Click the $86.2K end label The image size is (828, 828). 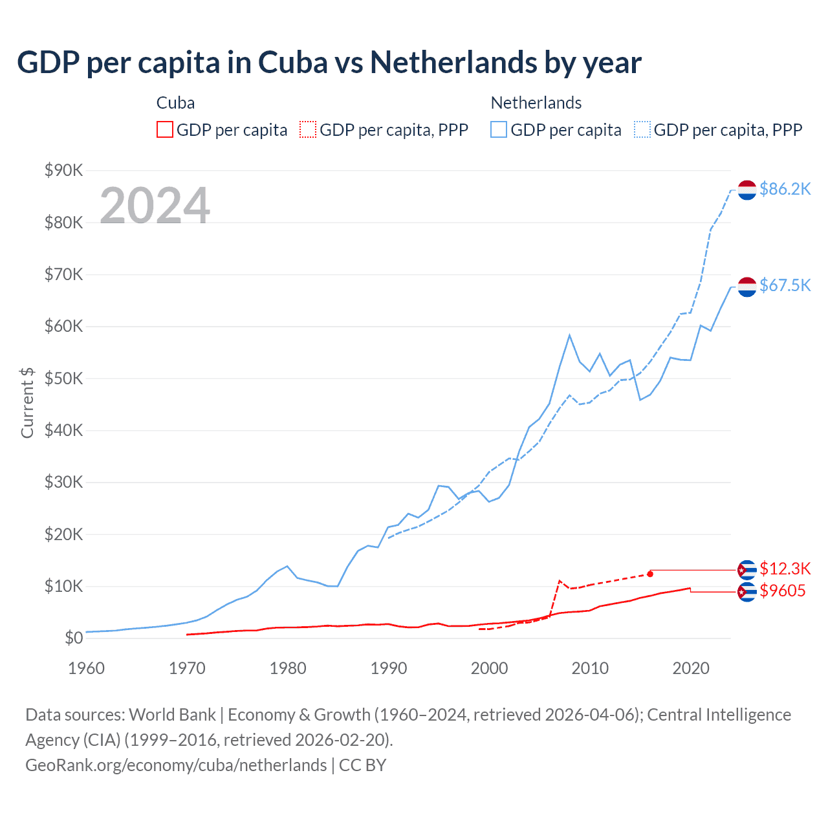(x=785, y=189)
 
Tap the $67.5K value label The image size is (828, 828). (x=785, y=285)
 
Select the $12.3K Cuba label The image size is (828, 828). (x=785, y=569)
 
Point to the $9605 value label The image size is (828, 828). (x=782, y=591)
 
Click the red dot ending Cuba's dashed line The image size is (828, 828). (x=650, y=574)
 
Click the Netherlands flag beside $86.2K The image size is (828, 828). (x=747, y=190)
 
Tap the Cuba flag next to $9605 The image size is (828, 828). (x=747, y=591)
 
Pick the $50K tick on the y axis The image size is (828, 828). (x=64, y=378)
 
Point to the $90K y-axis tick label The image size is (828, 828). (x=64, y=170)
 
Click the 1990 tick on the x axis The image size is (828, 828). (x=389, y=668)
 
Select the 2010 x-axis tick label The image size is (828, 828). (x=590, y=668)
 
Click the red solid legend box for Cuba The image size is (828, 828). (x=165, y=130)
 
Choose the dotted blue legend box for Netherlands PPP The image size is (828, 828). (x=642, y=130)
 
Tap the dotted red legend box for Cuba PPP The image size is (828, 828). (x=309, y=130)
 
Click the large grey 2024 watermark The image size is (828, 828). (x=155, y=206)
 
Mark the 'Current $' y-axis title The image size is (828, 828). (x=27, y=403)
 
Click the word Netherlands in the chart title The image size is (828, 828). (x=453, y=63)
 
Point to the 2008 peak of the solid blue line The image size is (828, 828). (x=569, y=335)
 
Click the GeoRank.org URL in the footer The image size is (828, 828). (x=176, y=765)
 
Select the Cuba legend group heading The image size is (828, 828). (x=175, y=103)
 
